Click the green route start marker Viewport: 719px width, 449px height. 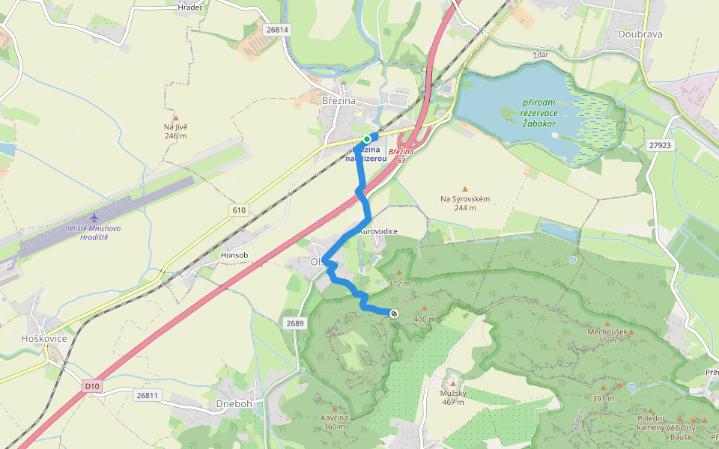point(367,139)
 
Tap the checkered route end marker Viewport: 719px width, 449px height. point(394,313)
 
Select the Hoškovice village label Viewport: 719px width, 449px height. point(44,338)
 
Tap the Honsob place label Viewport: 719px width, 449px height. point(234,255)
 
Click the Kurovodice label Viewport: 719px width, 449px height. point(378,232)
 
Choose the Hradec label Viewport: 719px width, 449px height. point(191,7)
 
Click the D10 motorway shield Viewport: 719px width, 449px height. point(91,386)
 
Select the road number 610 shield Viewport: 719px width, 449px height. point(239,210)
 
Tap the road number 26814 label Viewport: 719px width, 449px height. point(276,30)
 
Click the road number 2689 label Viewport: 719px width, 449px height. point(295,323)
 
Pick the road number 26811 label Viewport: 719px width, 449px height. point(148,394)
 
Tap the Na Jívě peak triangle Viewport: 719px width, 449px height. point(176,117)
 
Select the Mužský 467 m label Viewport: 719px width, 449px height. point(452,397)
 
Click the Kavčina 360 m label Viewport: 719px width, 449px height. point(336,421)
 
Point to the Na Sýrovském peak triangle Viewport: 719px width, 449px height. point(465,189)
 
